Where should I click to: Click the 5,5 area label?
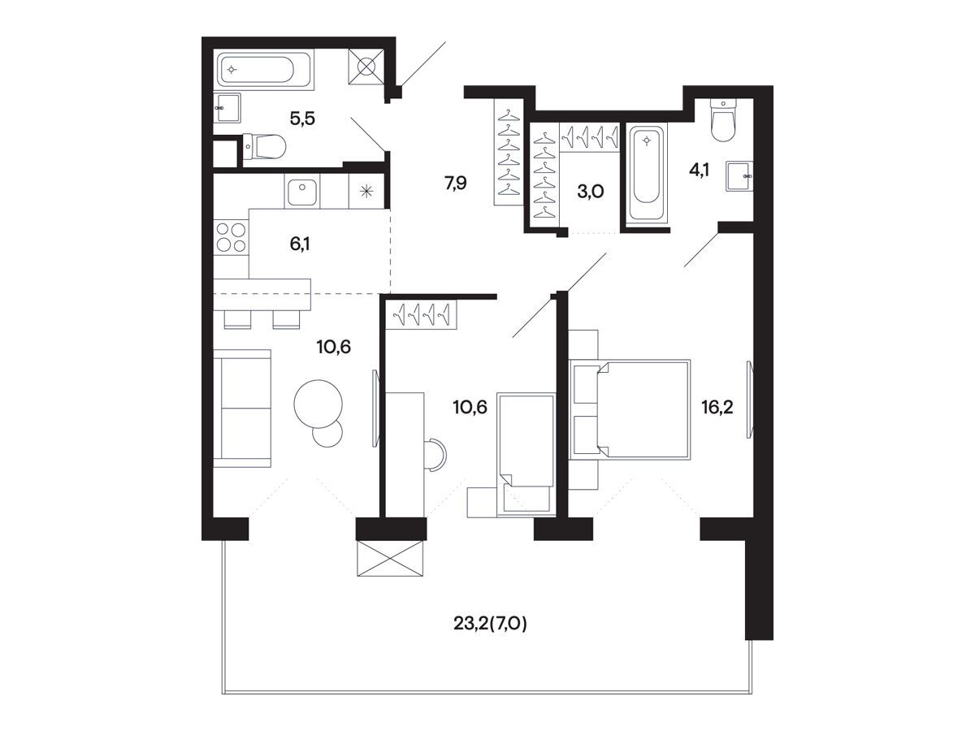pos(302,119)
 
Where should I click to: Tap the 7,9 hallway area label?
pos(455,183)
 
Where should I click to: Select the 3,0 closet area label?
pos(591,192)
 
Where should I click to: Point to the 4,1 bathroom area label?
pos(700,170)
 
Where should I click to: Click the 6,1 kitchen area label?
pos(300,244)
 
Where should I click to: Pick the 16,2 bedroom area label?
pos(717,407)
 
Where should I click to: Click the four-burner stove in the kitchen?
pos(231,237)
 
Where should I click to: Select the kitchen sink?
pos(302,192)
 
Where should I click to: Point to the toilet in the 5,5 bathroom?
pos(264,146)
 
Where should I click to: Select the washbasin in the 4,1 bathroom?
pos(739,176)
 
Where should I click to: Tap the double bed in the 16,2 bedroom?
pos(643,409)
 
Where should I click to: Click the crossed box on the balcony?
pos(391,558)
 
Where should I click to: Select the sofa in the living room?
pos(242,408)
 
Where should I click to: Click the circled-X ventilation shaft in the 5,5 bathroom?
pos(366,66)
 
